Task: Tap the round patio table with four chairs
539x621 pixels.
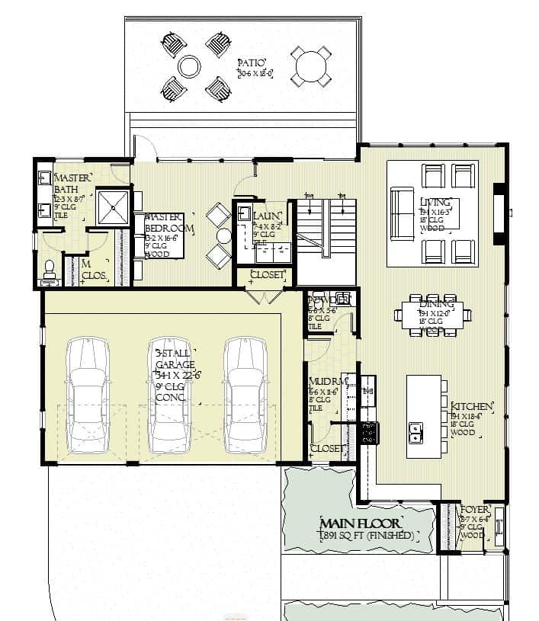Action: click(x=311, y=66)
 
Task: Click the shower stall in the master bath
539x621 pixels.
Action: click(x=112, y=205)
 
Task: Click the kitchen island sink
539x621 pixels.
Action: click(x=416, y=432)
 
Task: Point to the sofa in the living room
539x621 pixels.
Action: click(x=403, y=213)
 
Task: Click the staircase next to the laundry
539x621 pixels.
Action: click(x=326, y=229)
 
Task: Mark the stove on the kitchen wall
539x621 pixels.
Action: click(x=368, y=433)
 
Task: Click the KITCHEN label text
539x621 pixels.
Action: click(x=473, y=406)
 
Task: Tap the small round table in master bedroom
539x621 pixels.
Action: click(x=223, y=235)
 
